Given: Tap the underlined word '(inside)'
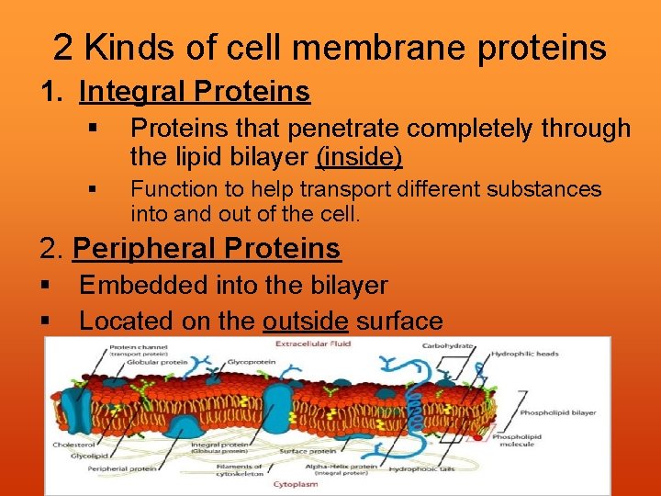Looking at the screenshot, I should (x=359, y=157).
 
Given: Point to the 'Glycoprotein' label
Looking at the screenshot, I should (x=247, y=362).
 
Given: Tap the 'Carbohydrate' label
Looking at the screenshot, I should (x=447, y=346).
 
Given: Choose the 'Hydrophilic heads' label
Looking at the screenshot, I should (x=525, y=354).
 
